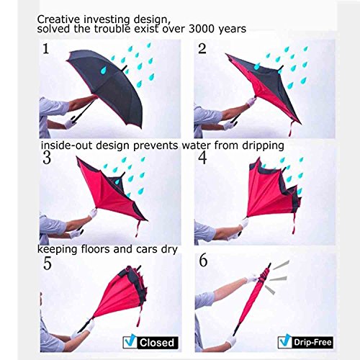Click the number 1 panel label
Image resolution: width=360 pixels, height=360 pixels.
point(46,49)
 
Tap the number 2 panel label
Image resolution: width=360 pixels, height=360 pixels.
point(202,48)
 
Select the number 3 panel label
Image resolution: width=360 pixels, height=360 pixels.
point(47,158)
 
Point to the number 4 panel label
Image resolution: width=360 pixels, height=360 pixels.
point(203,158)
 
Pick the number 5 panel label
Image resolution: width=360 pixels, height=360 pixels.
point(48,264)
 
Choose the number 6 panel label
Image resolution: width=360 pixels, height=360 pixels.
point(203,261)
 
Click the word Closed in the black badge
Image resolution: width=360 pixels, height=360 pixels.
point(157,343)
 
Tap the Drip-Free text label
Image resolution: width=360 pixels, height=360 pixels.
point(312,342)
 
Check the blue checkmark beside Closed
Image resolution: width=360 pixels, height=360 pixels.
point(130,341)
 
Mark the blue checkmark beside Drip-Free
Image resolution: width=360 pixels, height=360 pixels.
point(285,341)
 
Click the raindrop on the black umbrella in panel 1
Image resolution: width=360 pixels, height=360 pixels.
point(104,70)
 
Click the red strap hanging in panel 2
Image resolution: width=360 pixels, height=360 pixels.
point(292,129)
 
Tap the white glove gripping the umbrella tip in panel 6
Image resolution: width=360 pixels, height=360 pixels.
point(252,279)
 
